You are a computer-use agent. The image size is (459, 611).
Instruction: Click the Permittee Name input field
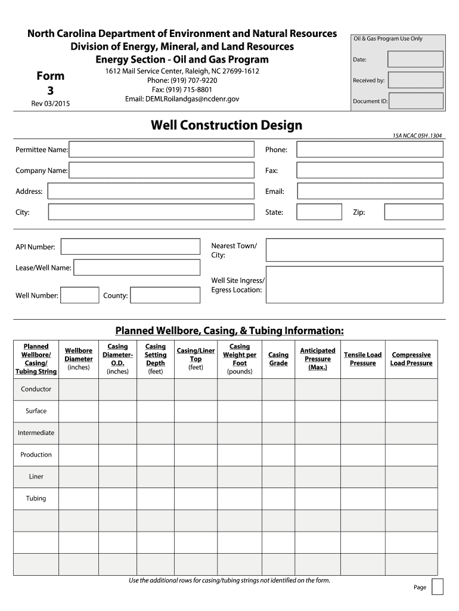(x=161, y=149)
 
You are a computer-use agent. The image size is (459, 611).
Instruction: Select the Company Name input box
(x=161, y=170)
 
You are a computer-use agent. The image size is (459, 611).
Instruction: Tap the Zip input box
(x=413, y=212)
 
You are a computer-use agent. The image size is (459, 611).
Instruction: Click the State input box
(x=319, y=212)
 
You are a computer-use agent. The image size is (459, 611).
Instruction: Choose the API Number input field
(x=131, y=247)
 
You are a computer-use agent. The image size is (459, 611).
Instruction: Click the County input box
(x=165, y=295)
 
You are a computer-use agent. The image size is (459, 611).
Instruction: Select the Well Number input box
(x=80, y=295)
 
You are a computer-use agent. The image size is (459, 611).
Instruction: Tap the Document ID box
(x=415, y=101)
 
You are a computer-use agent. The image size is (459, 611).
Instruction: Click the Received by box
(x=415, y=80)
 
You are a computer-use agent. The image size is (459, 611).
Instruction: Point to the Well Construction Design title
(x=227, y=125)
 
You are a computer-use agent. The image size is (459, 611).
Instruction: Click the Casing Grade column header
(x=278, y=359)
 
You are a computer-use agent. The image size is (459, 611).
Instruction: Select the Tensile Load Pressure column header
(x=362, y=359)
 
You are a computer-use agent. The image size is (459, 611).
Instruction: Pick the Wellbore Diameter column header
(x=79, y=359)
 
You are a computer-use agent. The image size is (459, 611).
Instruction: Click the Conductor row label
(x=36, y=389)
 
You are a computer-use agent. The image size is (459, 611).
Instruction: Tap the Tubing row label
(x=36, y=498)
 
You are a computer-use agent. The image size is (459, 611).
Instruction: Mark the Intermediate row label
(x=36, y=433)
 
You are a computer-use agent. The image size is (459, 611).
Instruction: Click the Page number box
(x=437, y=587)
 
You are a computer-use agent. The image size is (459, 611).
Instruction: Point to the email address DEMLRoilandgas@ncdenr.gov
(x=182, y=98)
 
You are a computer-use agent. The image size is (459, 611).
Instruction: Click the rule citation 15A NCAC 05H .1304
(x=418, y=136)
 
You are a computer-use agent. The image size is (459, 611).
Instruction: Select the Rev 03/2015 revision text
(x=51, y=104)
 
